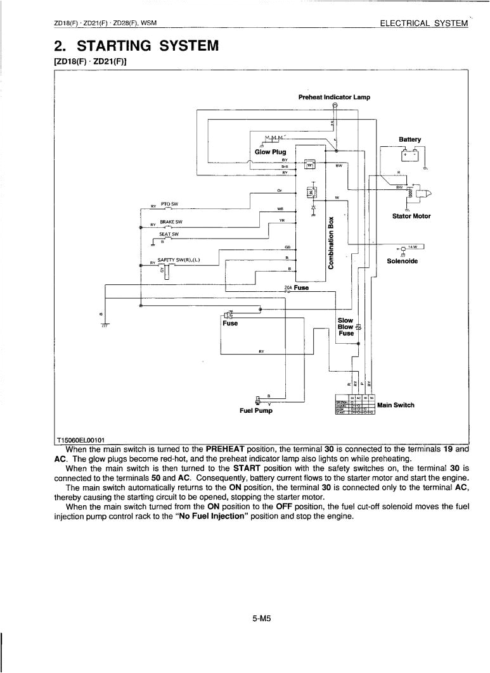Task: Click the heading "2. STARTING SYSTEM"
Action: coord(137,46)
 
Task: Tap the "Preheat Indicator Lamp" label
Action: coord(333,97)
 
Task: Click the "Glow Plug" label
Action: coord(270,152)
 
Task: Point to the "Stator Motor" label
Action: coord(411,216)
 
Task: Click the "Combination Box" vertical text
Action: coord(331,242)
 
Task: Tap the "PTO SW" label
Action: coord(170,204)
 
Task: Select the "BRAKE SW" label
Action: coord(171,222)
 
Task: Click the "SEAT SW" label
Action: coord(169,234)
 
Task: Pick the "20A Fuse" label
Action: coord(297,287)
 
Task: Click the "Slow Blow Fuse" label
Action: coord(346,327)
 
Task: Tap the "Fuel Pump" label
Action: coord(256,410)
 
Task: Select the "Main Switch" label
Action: coord(396,405)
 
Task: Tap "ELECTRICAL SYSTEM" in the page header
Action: coord(423,23)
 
